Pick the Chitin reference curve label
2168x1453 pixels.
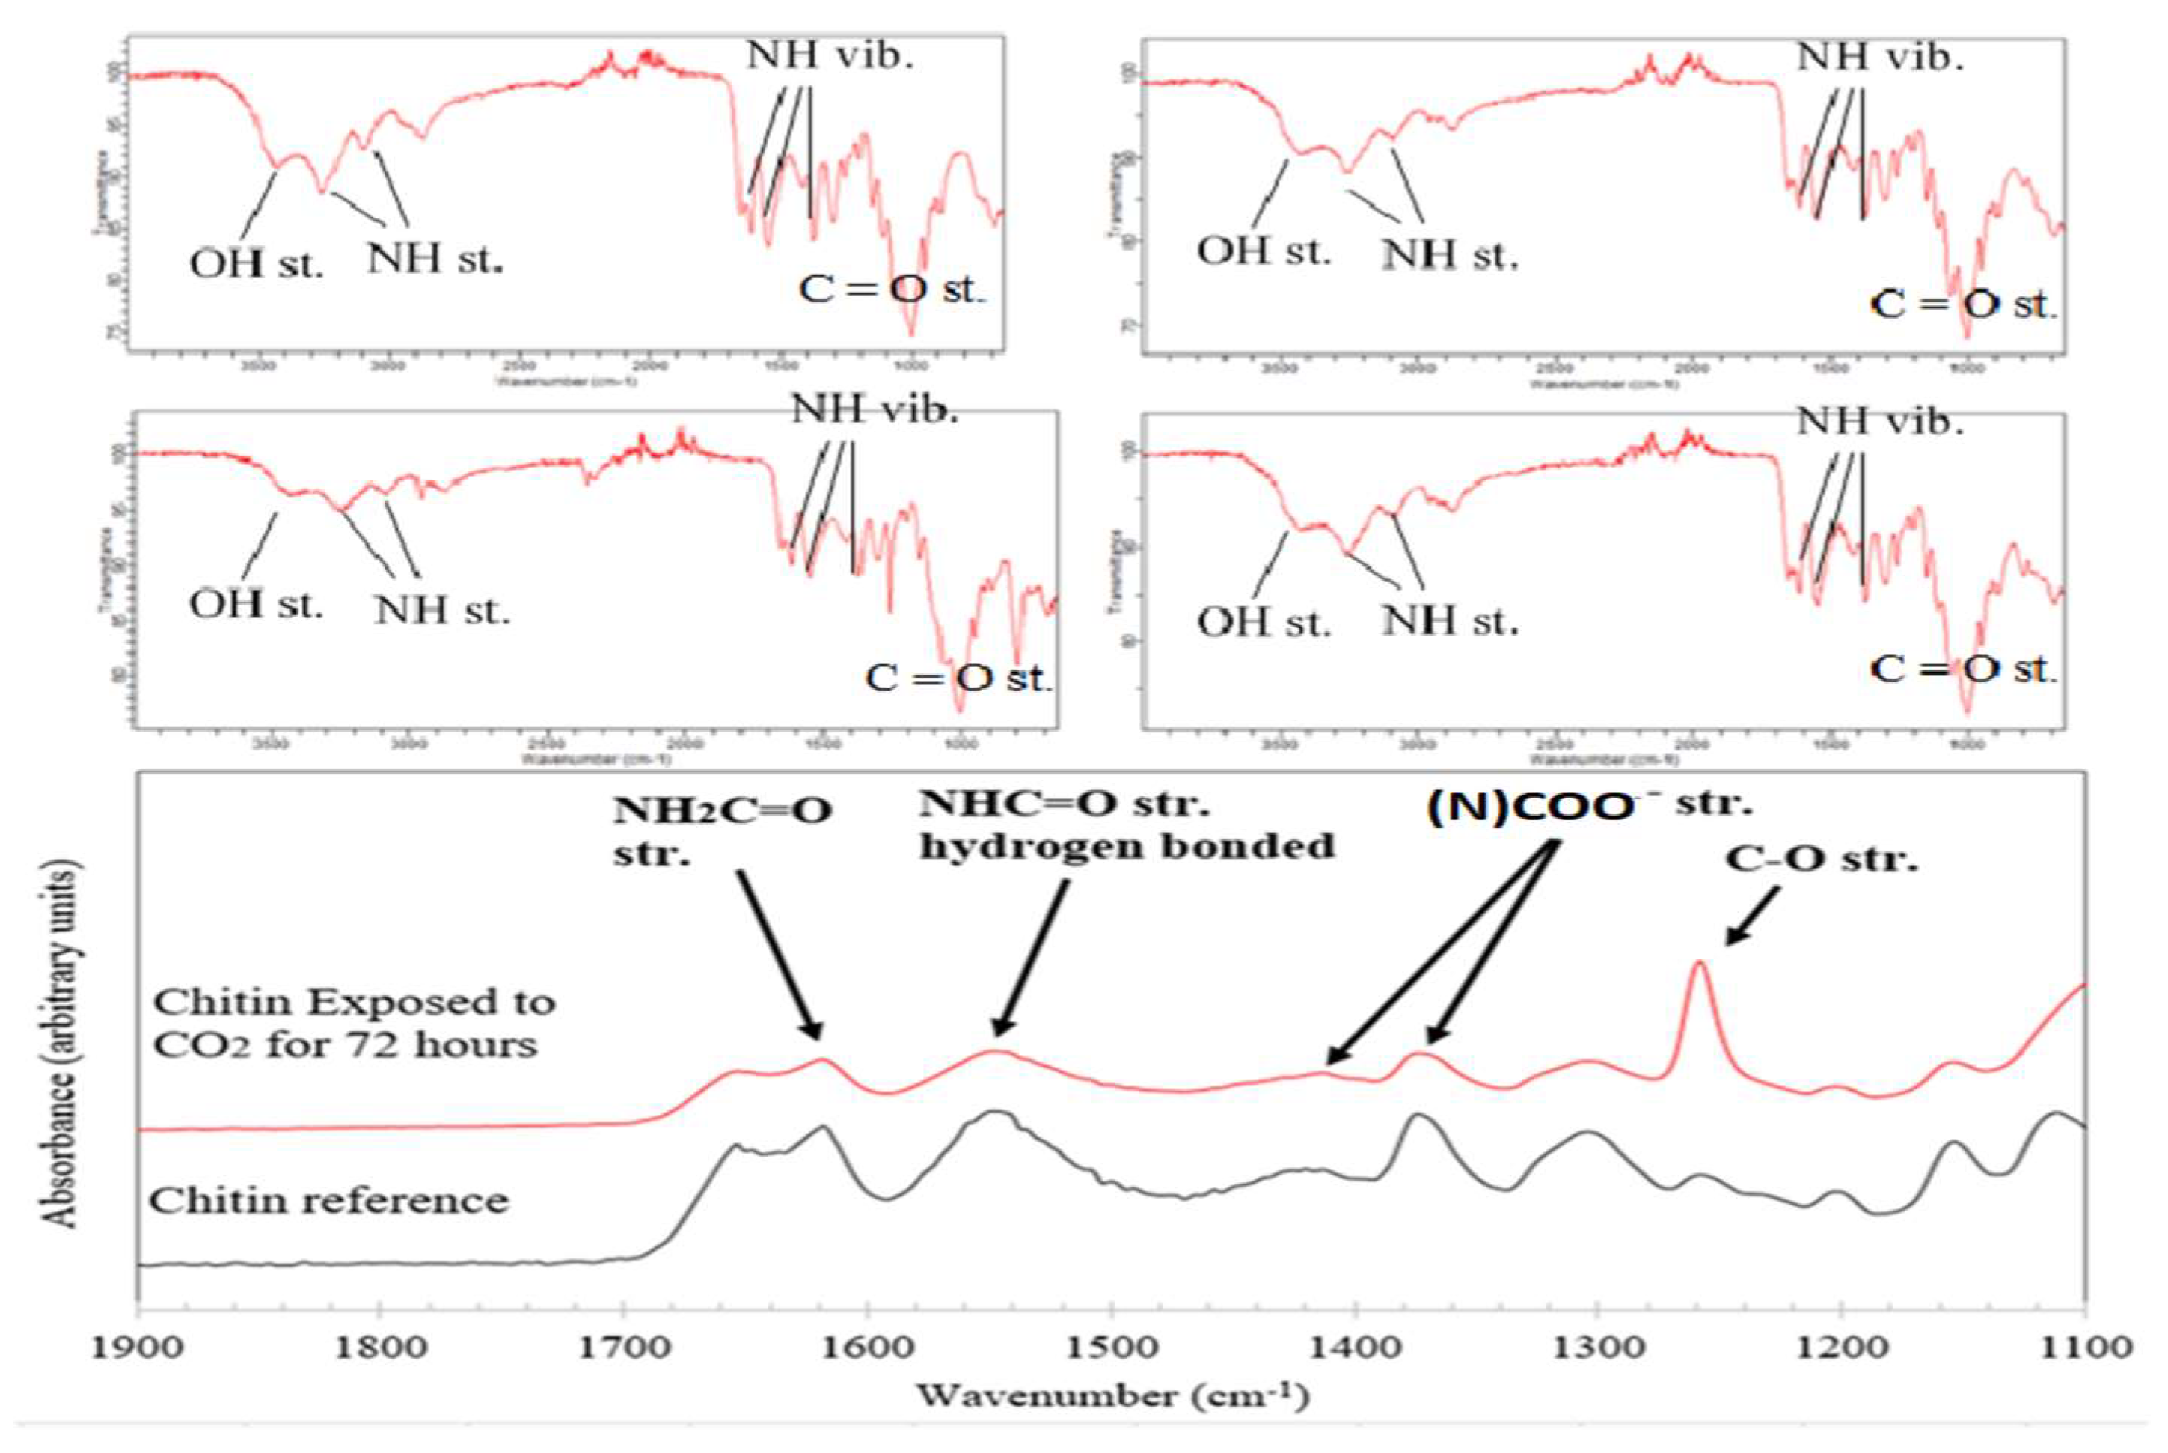(x=329, y=1201)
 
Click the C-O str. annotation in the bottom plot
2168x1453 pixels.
(x=1822, y=860)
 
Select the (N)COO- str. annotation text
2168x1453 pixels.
(x=1588, y=804)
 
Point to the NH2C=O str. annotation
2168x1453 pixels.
(x=723, y=830)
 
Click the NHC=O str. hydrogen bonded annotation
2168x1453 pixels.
(x=1126, y=824)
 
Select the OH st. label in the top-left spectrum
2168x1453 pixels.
(x=257, y=265)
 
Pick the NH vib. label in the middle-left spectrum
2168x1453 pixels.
(x=875, y=409)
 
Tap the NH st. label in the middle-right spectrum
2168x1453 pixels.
(x=1450, y=621)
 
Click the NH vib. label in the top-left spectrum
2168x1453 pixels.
(x=830, y=55)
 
